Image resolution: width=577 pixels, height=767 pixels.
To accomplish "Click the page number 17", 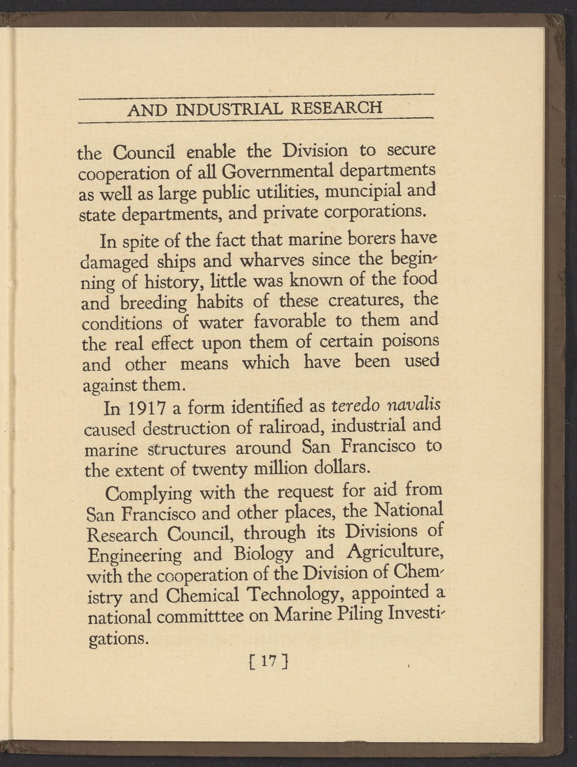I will pyautogui.click(x=269, y=662).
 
